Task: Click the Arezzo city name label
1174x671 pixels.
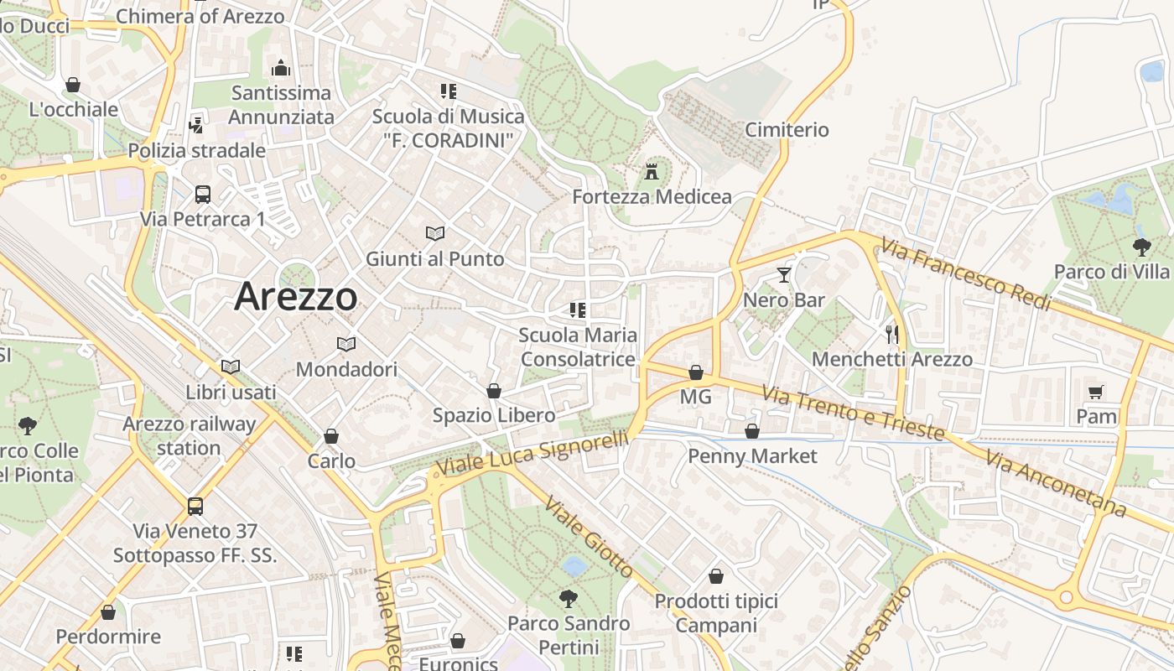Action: [x=296, y=297]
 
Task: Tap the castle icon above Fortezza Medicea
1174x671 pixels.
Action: [x=651, y=174]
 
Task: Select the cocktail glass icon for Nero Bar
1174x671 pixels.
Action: [x=783, y=275]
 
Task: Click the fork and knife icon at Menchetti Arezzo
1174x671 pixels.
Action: [x=891, y=335]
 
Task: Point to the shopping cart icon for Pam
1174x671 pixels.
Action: [x=1095, y=392]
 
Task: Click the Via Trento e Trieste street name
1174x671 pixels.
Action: [x=853, y=414]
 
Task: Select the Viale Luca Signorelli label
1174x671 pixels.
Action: [x=533, y=455]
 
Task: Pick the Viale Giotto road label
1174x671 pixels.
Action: [x=589, y=537]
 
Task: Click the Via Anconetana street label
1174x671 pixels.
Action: [x=1055, y=484]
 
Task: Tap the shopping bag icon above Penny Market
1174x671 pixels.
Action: [x=752, y=431]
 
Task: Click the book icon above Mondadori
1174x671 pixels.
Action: [x=345, y=344]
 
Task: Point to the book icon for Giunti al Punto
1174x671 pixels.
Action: [x=434, y=233]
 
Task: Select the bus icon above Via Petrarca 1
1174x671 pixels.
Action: [x=202, y=195]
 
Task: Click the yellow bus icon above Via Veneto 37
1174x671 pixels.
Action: [x=195, y=507]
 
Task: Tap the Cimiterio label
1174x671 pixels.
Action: [x=787, y=130]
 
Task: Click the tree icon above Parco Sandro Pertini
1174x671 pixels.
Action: [x=569, y=598]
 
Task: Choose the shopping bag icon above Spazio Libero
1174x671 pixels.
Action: [x=494, y=391]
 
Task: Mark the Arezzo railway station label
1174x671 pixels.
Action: [x=189, y=435]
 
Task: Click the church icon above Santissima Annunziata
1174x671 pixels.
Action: [x=281, y=68]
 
